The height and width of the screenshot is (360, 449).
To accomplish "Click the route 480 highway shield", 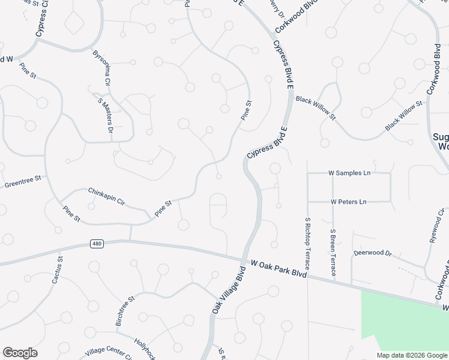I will click(x=97, y=244).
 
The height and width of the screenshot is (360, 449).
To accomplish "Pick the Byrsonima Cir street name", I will click(x=101, y=67).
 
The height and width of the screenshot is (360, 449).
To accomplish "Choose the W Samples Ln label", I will click(x=349, y=173).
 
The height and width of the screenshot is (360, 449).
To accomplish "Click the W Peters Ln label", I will click(x=349, y=202).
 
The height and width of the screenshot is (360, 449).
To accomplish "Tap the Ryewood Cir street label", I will click(x=437, y=226).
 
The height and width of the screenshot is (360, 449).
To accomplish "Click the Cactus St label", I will click(x=57, y=271).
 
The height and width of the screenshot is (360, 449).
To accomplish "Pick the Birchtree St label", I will click(x=125, y=311).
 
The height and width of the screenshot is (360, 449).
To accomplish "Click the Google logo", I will click(x=20, y=353).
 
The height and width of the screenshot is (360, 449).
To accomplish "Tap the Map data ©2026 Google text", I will click(x=412, y=355).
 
